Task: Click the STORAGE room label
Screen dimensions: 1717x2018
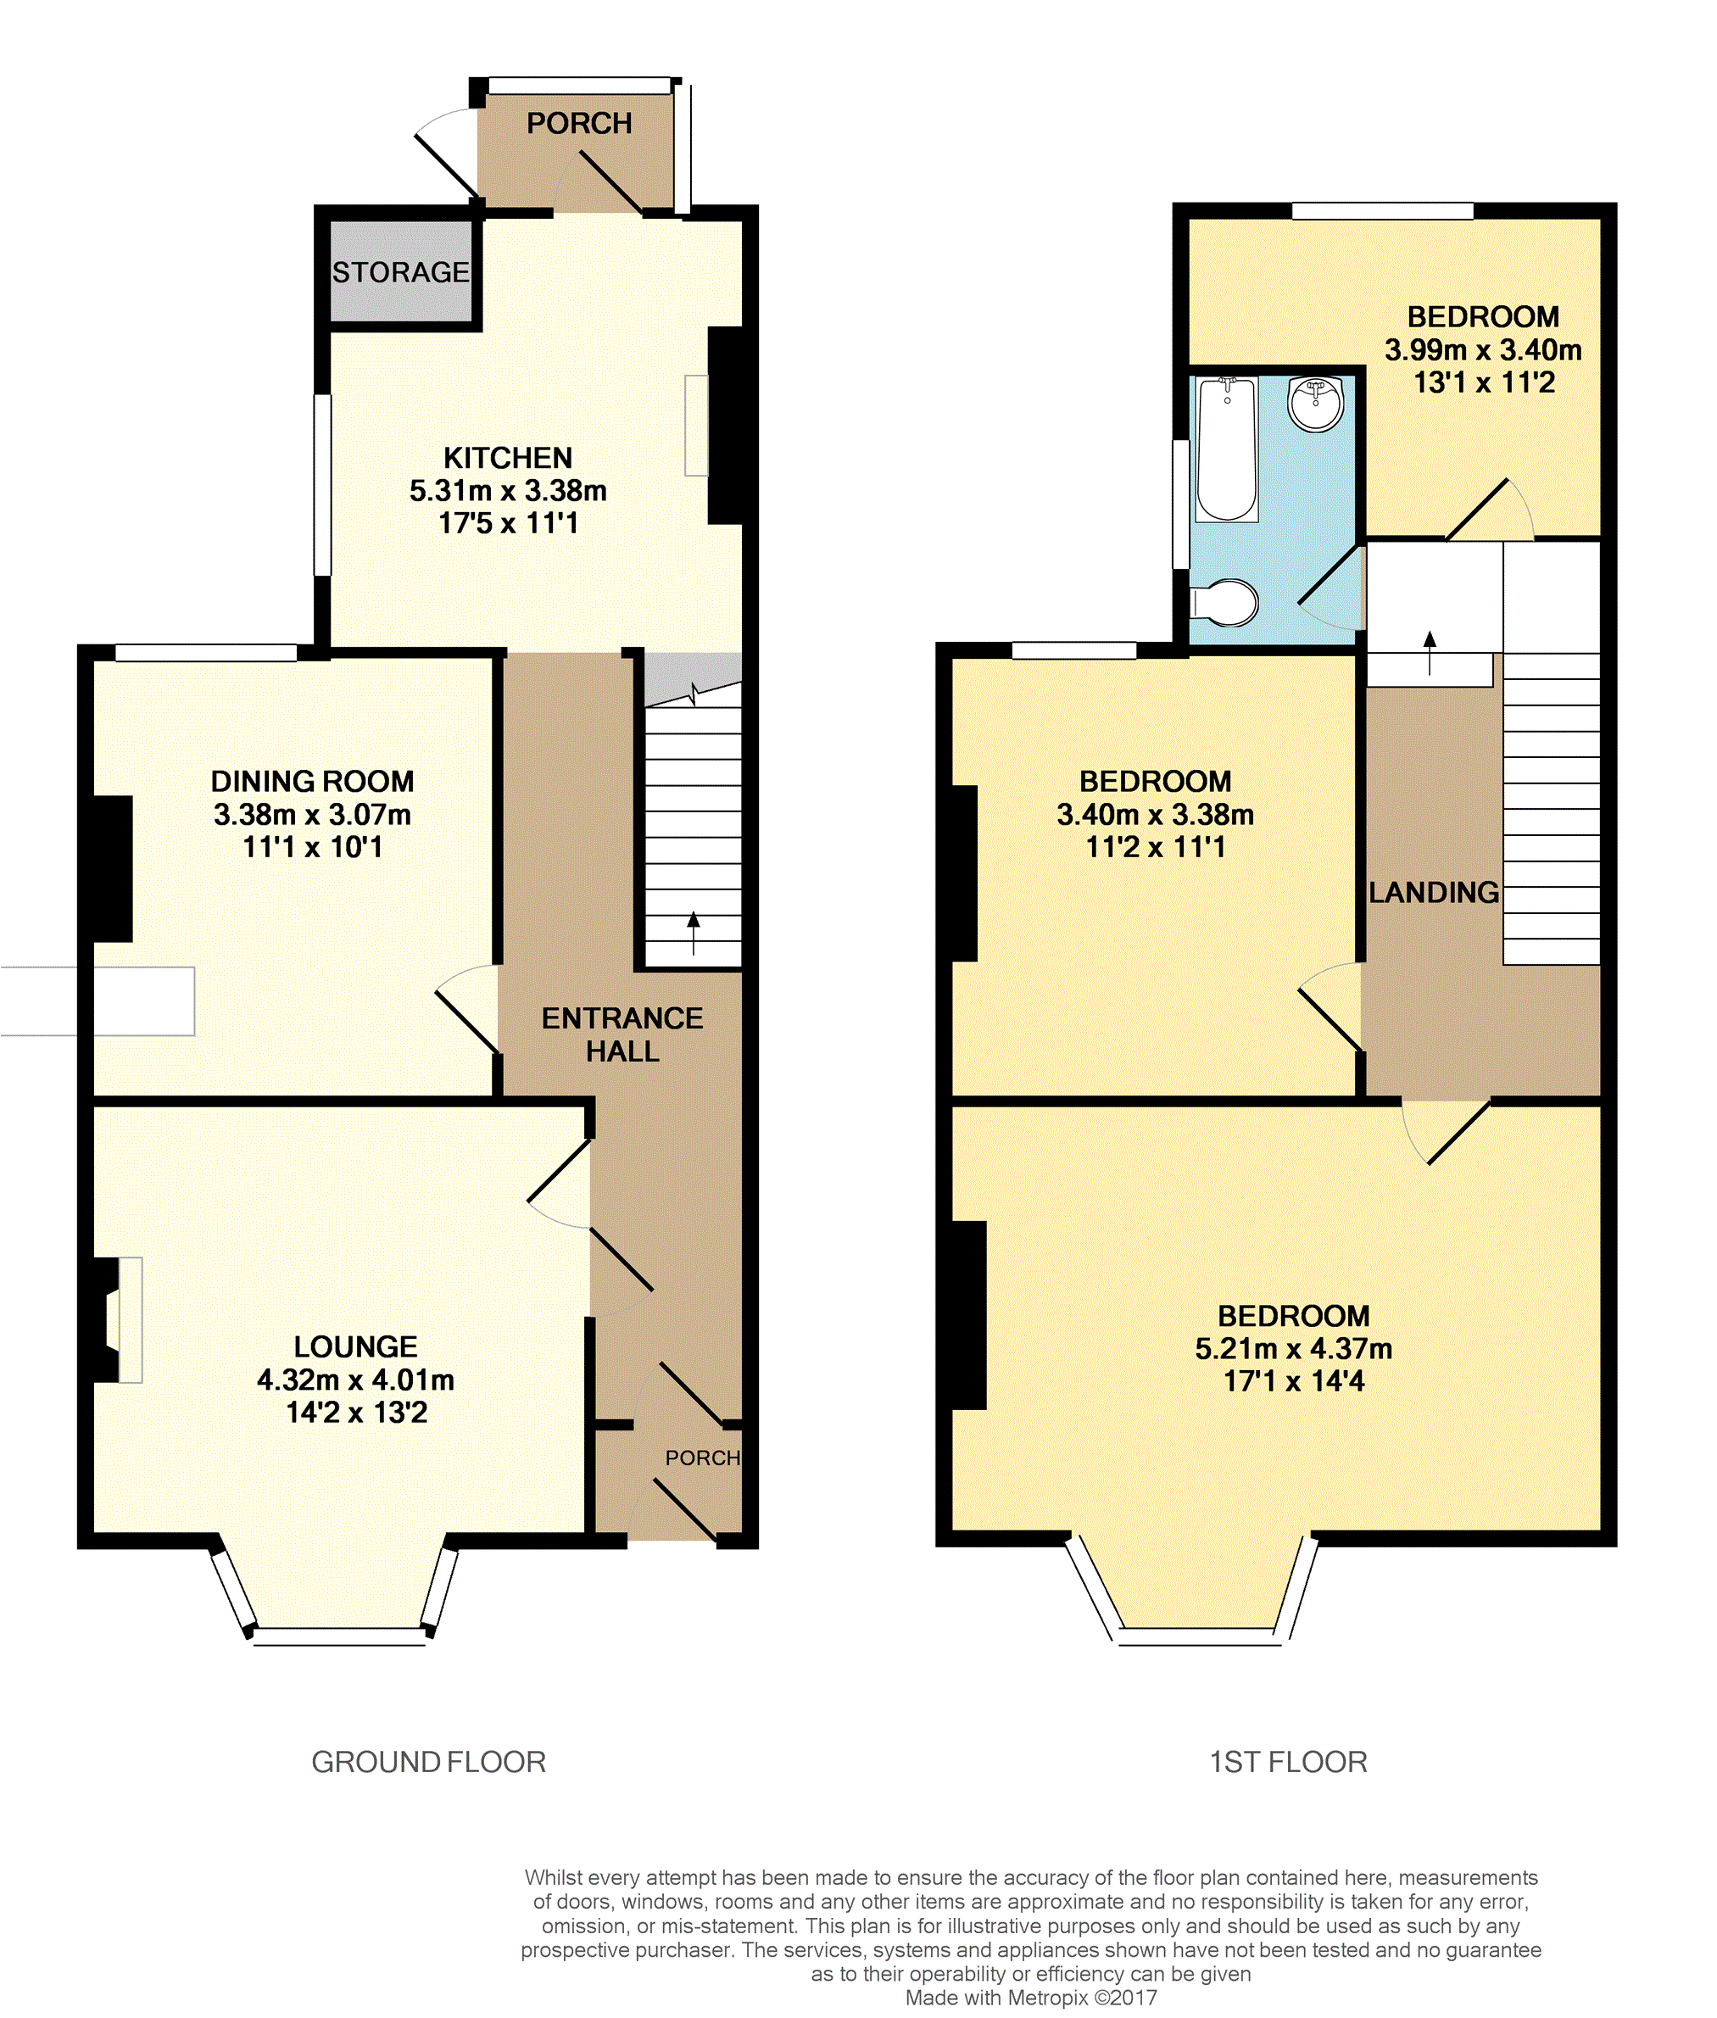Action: coord(400,272)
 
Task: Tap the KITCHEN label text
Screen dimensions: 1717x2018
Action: coord(508,458)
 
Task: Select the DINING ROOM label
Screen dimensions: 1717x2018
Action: coord(312,781)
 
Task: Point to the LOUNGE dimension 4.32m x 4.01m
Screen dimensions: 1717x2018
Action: coord(355,1380)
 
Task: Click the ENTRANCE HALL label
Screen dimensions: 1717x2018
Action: coord(622,1034)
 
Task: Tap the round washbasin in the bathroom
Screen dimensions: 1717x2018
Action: coord(1316,403)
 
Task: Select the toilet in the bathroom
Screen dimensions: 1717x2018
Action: coord(1224,603)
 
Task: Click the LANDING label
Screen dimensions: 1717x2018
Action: coord(1433,892)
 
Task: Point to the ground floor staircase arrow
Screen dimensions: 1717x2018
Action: coord(693,933)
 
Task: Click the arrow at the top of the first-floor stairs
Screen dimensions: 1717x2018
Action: coord(1430,652)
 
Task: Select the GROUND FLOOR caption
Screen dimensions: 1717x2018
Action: coord(428,1762)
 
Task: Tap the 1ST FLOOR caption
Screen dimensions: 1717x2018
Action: coord(1288,1762)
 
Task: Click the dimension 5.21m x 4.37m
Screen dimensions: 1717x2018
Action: coord(1294,1348)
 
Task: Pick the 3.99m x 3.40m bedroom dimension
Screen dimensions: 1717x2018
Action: coord(1483,349)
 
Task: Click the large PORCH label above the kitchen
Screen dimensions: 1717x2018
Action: coord(579,124)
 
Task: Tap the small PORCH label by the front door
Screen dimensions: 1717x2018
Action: coord(703,1458)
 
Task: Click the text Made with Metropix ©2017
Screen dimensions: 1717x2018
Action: coord(1031,1998)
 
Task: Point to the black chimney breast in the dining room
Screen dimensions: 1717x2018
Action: coord(112,869)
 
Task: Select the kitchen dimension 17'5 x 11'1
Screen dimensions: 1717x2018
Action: coord(508,523)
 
